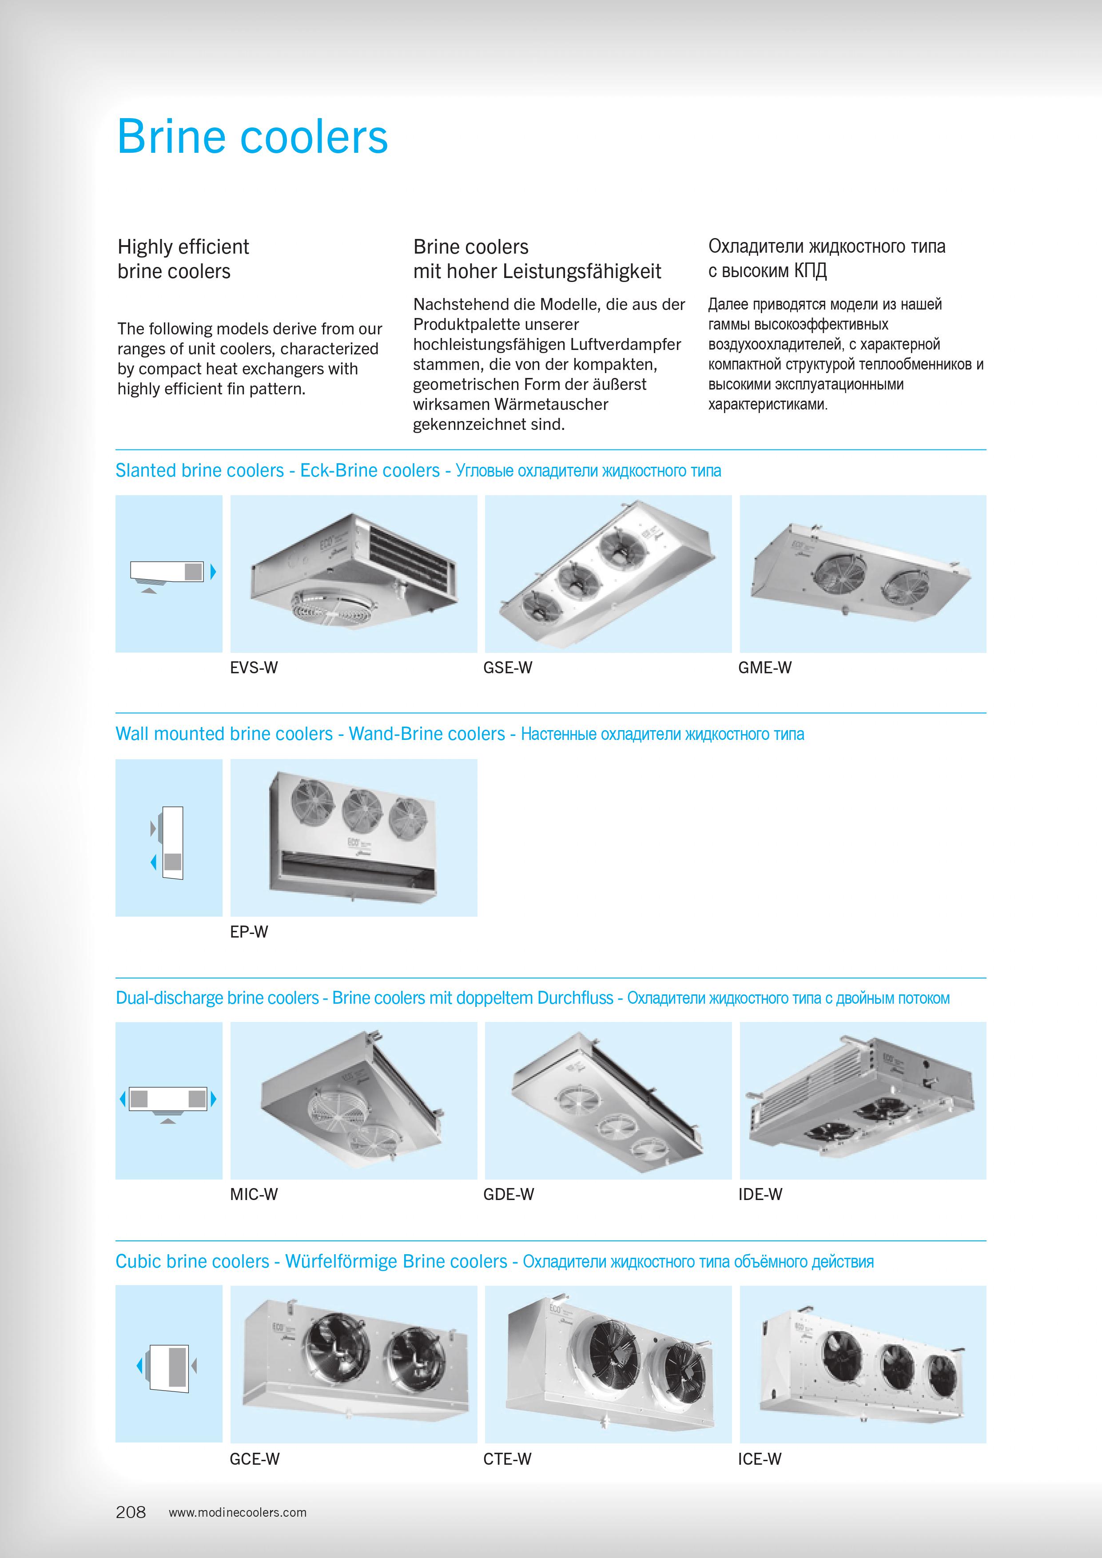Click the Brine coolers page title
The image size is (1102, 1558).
pos(252,137)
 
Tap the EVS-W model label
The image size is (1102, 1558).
pos(254,668)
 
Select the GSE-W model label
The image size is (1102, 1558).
pos(508,668)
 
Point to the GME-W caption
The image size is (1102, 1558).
pos(765,668)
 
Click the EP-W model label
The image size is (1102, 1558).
pos(249,932)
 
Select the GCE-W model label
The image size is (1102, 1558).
pos(255,1459)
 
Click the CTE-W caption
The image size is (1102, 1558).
pos(507,1459)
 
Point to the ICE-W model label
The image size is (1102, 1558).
pos(760,1459)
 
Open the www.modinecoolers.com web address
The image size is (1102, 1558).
pos(238,1513)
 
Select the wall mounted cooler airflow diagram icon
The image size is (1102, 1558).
pos(169,842)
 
